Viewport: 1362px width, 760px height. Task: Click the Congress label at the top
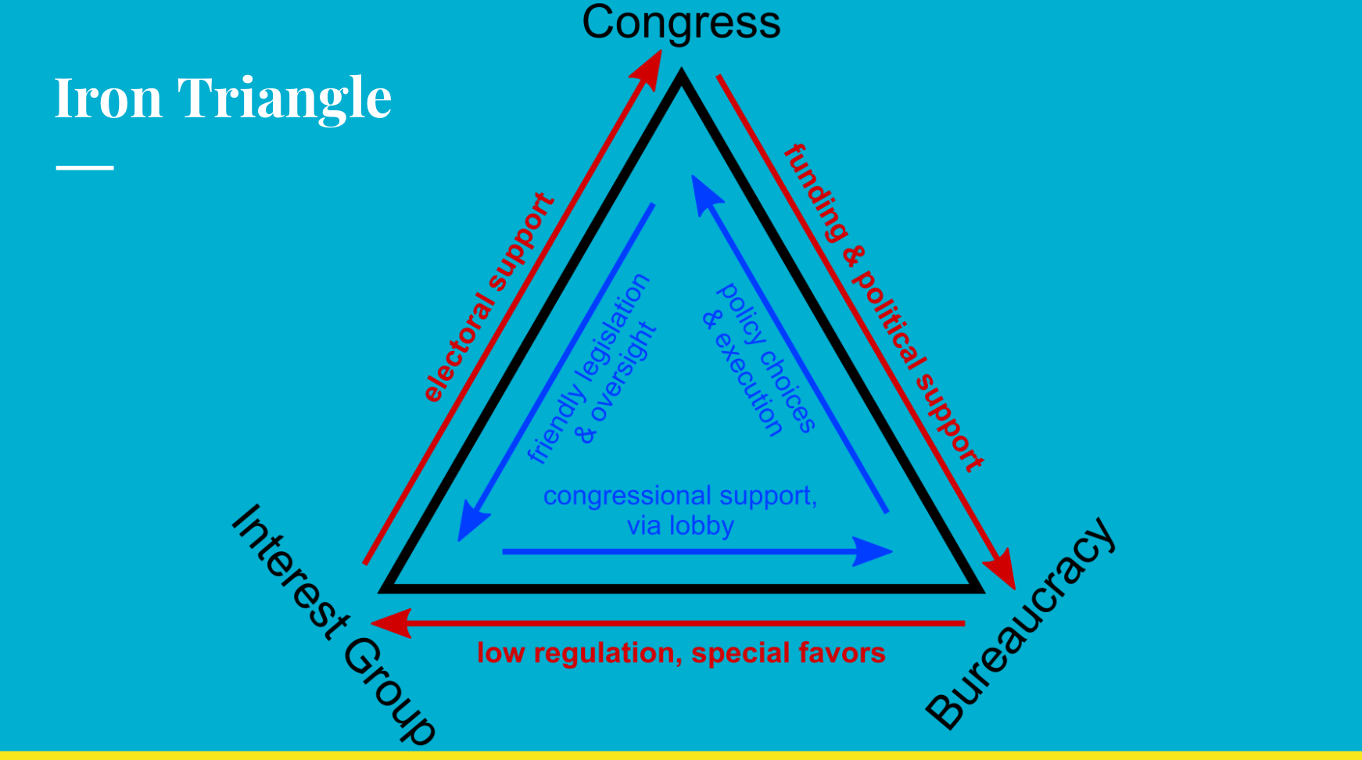[x=681, y=23]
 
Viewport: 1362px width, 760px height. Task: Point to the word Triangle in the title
[x=285, y=99]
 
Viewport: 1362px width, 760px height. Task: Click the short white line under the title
[x=84, y=167]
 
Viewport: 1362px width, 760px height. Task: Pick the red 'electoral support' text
[x=489, y=298]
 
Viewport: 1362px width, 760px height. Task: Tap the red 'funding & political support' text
[x=884, y=308]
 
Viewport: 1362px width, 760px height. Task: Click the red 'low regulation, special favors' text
[x=681, y=653]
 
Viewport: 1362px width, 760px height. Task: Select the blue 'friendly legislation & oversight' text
[x=593, y=368]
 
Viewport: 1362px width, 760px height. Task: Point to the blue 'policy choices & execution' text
[x=759, y=359]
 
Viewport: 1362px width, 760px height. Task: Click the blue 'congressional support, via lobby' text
[x=680, y=510]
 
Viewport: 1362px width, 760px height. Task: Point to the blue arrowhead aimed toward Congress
[x=703, y=191]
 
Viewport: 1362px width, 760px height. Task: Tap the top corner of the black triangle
[x=682, y=77]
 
